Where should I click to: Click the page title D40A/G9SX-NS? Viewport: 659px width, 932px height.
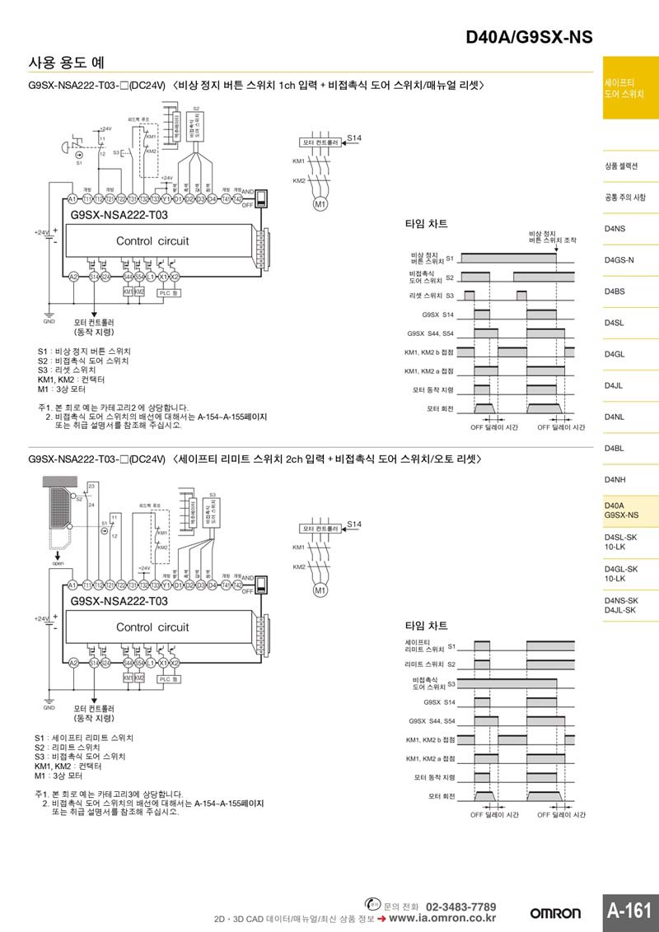(529, 37)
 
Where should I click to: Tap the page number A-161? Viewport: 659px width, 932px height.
(629, 910)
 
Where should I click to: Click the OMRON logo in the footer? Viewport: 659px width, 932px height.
(555, 913)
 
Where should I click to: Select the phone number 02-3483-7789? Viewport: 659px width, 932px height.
(461, 906)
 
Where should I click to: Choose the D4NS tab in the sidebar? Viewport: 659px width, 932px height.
(615, 229)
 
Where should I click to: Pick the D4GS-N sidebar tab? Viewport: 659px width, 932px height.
(619, 260)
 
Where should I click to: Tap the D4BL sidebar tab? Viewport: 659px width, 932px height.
(615, 448)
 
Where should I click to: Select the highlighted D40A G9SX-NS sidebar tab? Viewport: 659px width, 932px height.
(621, 510)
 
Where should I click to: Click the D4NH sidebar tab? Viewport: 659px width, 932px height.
(615, 479)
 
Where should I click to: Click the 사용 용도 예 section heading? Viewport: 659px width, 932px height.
(66, 63)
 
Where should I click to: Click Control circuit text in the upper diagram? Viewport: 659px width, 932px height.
(152, 241)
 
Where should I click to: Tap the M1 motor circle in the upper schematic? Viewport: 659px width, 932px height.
(320, 203)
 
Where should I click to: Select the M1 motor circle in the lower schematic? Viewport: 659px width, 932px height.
(320, 589)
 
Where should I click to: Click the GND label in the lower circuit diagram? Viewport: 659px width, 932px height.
(49, 707)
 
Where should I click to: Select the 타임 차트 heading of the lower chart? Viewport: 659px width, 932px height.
(426, 626)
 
